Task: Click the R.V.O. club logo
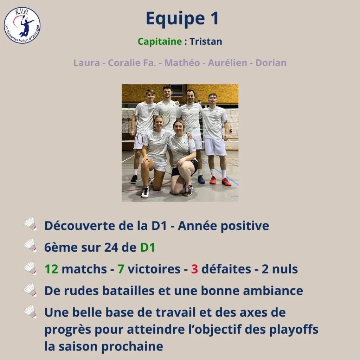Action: (x=22, y=25)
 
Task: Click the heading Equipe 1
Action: (x=182, y=19)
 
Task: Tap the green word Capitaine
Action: (x=160, y=41)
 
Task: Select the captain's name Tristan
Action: (x=206, y=41)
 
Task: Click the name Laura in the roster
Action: (x=86, y=63)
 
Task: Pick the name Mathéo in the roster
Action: (x=182, y=63)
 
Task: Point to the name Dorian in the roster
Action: (x=271, y=63)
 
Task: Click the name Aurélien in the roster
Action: (x=227, y=63)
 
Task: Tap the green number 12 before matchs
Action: (x=51, y=269)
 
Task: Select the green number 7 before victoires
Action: (x=121, y=269)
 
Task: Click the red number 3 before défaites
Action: (x=194, y=269)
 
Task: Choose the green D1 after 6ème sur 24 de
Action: (x=148, y=247)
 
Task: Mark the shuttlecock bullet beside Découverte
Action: (x=30, y=223)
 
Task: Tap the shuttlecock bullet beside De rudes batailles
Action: (x=30, y=290)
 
